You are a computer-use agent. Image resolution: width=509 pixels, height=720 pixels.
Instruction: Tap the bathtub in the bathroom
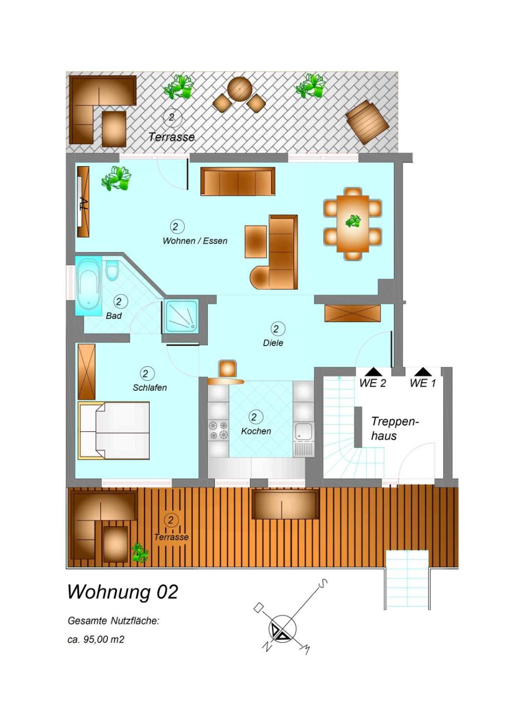point(88,285)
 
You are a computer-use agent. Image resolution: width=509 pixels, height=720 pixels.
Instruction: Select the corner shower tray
point(181,317)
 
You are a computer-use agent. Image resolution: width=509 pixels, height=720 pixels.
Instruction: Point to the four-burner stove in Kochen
point(218,431)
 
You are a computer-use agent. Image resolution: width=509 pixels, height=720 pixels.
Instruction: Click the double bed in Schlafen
point(114,430)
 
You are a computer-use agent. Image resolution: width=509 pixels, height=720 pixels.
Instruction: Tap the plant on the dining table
point(353,221)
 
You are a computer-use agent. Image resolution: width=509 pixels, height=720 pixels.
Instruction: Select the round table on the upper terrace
point(240,88)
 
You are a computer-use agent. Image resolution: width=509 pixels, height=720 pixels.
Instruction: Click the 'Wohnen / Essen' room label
point(195,241)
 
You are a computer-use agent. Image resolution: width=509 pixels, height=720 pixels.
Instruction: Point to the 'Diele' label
point(273,343)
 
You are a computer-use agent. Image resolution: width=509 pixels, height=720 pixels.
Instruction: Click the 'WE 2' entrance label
point(372,383)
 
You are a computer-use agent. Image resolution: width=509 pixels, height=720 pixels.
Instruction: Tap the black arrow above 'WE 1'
point(423,372)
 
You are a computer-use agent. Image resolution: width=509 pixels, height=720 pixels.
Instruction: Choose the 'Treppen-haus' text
point(395,428)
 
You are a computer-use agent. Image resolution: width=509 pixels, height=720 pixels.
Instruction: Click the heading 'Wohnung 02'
point(123,592)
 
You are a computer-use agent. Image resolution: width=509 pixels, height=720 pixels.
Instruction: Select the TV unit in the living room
point(83,202)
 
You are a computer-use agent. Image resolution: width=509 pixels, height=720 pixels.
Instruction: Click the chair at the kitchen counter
point(227,368)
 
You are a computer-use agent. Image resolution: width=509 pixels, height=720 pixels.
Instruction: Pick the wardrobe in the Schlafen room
point(87,372)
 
